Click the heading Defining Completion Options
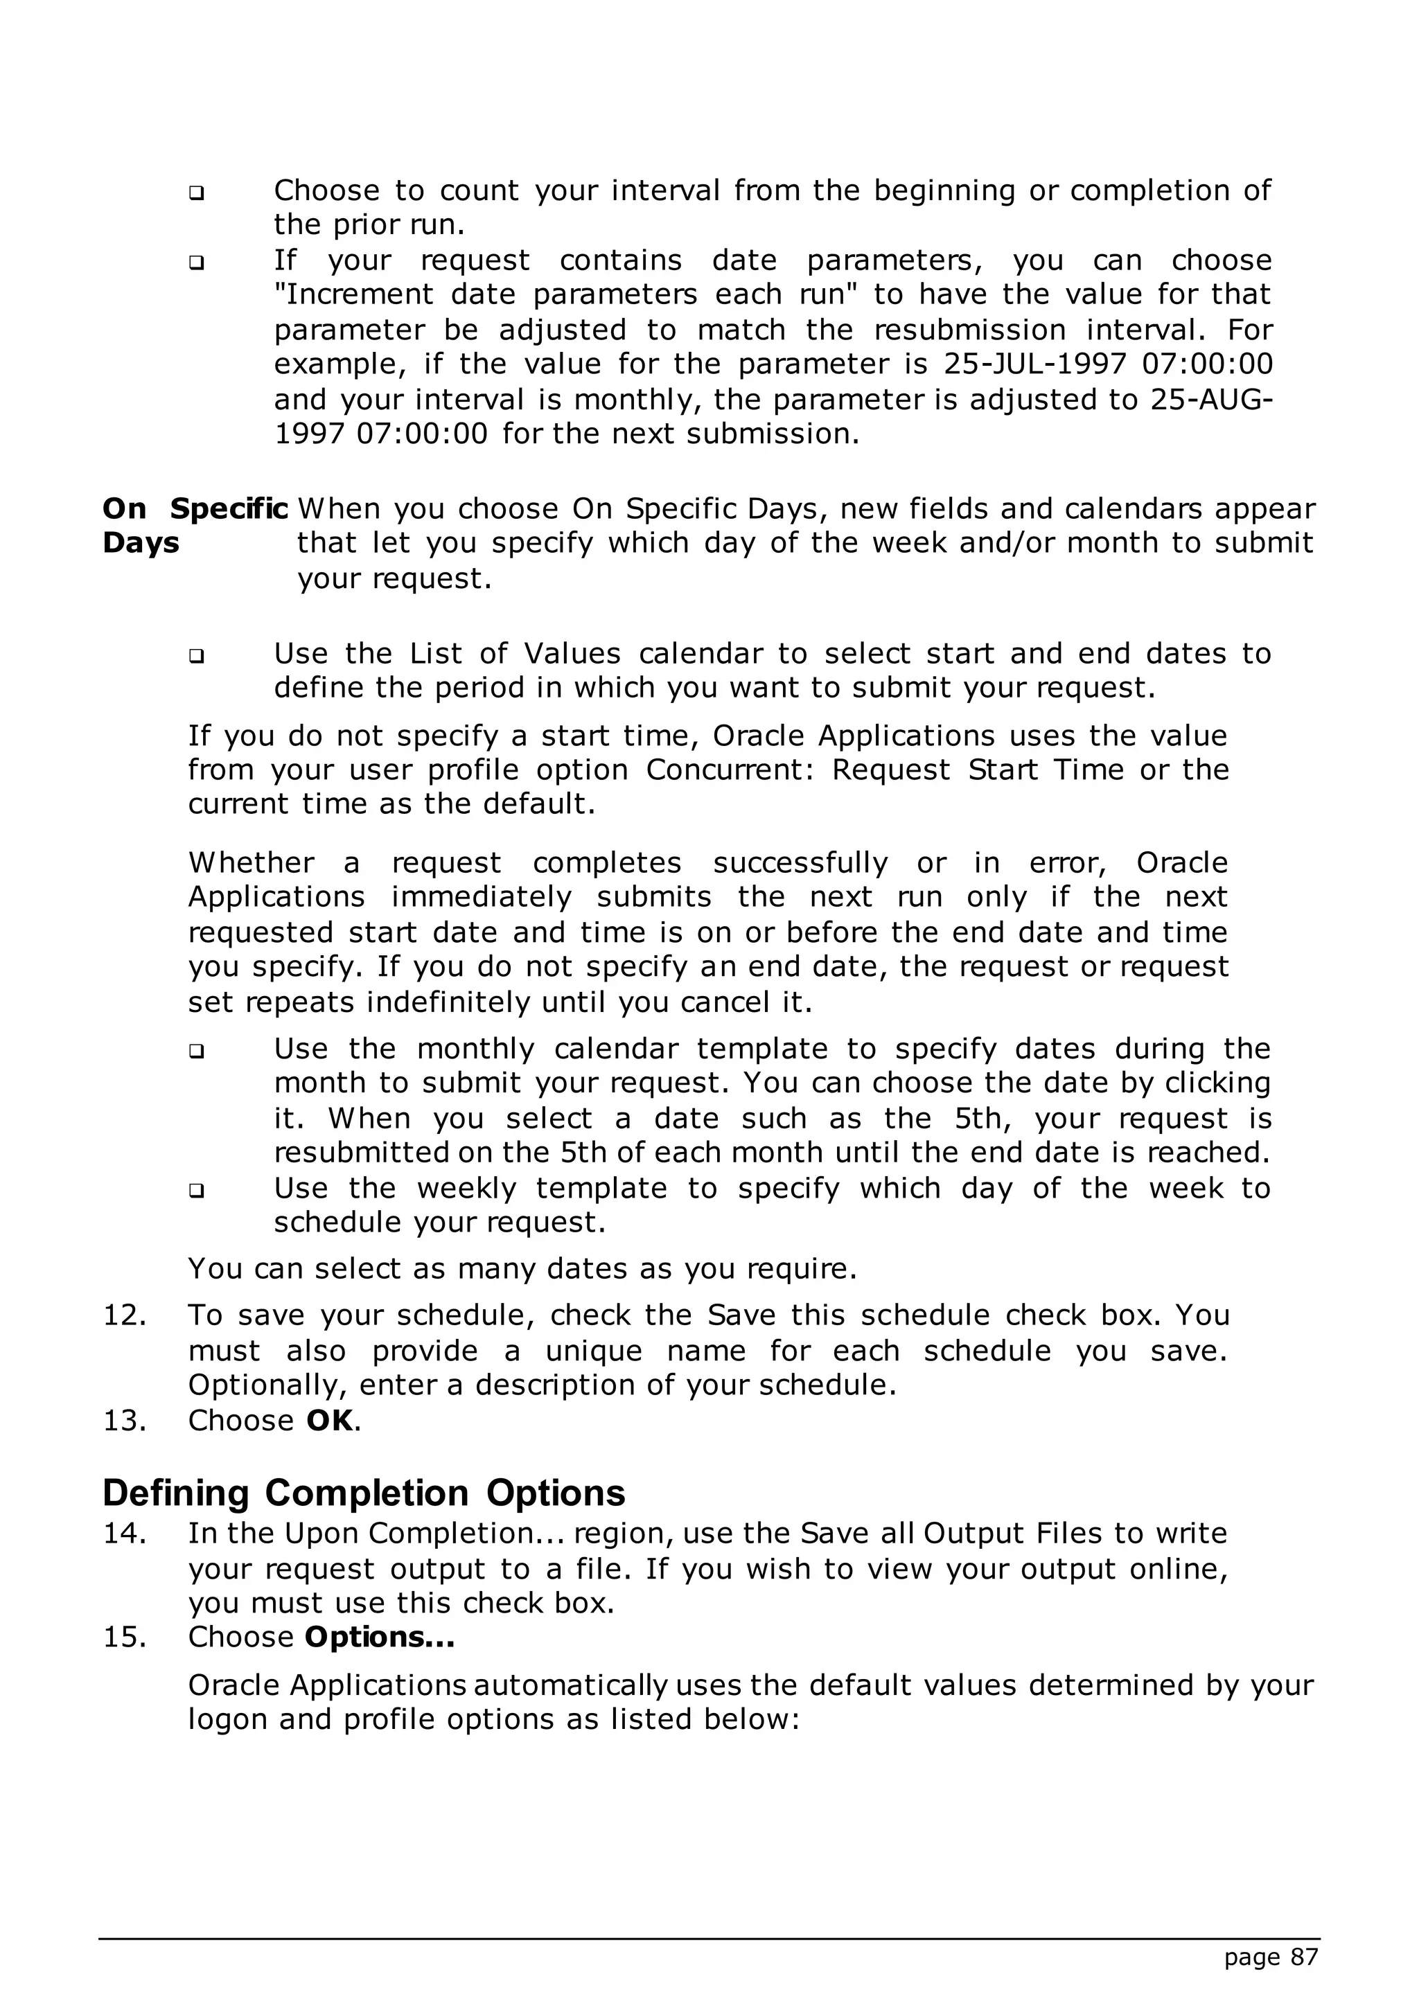[x=364, y=1493]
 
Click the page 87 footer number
[x=1269, y=1958]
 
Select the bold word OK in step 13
[x=329, y=1421]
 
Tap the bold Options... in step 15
[x=379, y=1636]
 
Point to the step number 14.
[x=124, y=1534]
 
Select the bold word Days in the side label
[x=141, y=544]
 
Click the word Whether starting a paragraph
[x=251, y=863]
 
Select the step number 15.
[x=124, y=1636]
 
